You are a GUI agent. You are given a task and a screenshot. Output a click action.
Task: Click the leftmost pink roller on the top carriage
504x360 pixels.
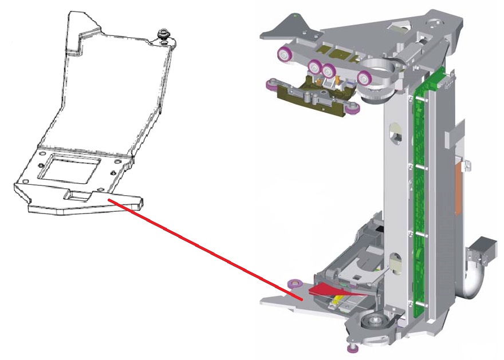[283, 55]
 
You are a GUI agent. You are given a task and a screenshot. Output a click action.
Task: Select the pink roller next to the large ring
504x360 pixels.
[364, 78]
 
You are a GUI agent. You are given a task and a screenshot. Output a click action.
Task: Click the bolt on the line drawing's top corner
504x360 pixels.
[164, 35]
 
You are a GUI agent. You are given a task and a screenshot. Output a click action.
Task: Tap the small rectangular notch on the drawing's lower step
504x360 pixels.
[78, 196]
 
